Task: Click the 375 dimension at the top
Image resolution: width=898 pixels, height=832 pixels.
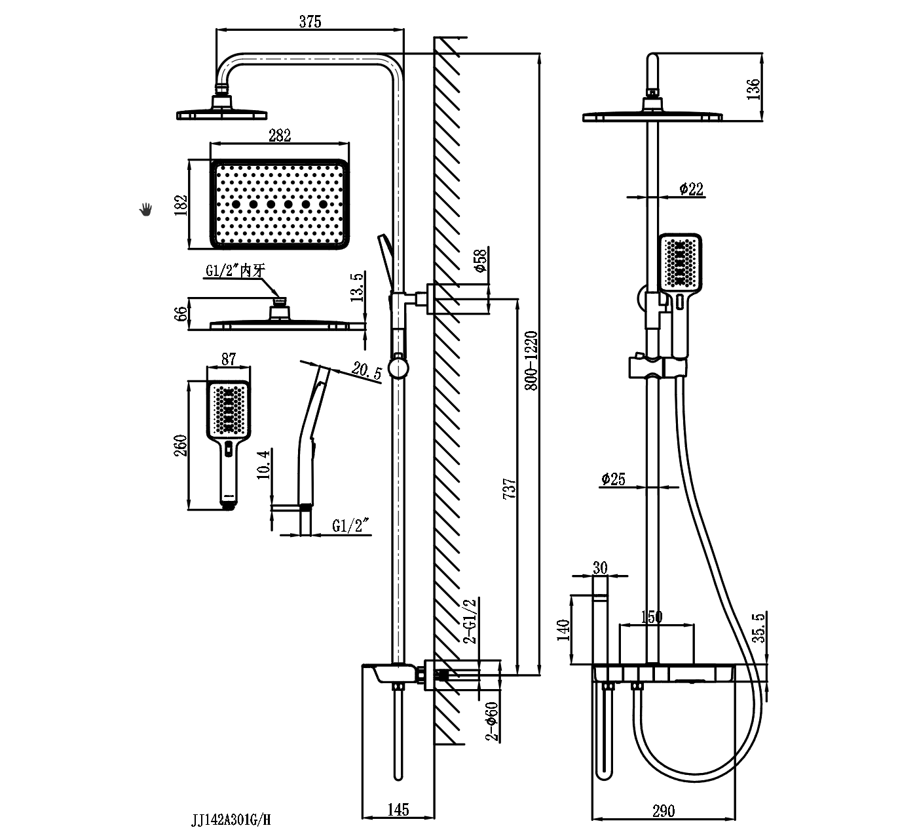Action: point(310,21)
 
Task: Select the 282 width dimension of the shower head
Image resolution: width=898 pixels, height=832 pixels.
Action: point(279,135)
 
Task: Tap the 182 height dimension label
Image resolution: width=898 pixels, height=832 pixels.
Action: point(181,205)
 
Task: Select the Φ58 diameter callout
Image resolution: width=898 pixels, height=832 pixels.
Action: point(480,262)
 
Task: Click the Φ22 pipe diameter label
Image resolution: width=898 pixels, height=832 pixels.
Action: point(691,189)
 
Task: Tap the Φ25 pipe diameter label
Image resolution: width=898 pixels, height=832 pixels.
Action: point(613,479)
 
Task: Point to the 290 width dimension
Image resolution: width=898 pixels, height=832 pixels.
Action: point(663,811)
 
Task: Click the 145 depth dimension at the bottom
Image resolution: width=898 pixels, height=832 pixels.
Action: point(398,810)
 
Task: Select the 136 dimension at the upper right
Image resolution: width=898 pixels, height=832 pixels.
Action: point(755,88)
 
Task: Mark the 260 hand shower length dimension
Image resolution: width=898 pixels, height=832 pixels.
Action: point(181,446)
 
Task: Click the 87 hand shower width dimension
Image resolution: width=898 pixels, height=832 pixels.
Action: point(228,359)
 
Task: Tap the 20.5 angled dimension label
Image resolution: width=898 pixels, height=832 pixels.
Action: point(367,371)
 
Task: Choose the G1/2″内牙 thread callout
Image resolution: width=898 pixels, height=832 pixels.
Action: point(234,271)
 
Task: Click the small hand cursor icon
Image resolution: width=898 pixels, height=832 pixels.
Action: point(146,209)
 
